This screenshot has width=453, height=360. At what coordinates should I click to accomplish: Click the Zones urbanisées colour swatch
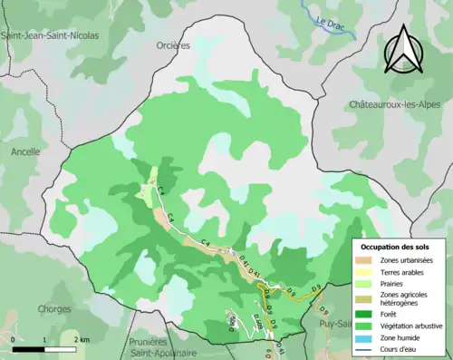367,260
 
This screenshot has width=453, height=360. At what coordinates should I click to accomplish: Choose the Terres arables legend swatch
367,272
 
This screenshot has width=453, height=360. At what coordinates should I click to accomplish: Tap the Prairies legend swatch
367,284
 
